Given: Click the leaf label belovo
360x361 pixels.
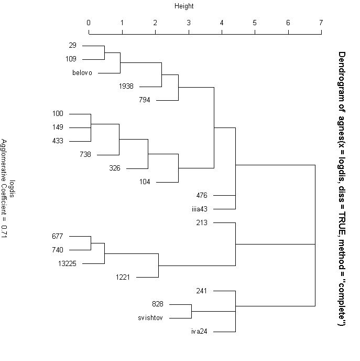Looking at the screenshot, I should coord(82,73).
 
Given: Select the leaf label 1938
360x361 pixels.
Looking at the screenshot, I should coord(126,86).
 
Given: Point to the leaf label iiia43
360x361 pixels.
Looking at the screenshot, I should coord(199,209).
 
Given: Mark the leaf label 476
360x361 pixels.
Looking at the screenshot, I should coord(202,195).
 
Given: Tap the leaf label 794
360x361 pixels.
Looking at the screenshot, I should coord(145,100).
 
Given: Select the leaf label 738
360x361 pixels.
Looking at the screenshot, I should coord(85,154).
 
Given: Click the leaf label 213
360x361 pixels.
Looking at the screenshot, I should coord(202,222).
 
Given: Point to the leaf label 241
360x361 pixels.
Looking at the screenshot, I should coord(202,291).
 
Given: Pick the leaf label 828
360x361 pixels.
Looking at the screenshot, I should coord(158,304).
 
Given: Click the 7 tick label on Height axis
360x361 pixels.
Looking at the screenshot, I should coord(321,23).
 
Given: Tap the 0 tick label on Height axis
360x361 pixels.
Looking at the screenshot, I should coord(89,23).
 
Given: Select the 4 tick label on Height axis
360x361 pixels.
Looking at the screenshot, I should coord(222,23).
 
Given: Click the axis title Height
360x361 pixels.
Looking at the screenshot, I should coord(184,6).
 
